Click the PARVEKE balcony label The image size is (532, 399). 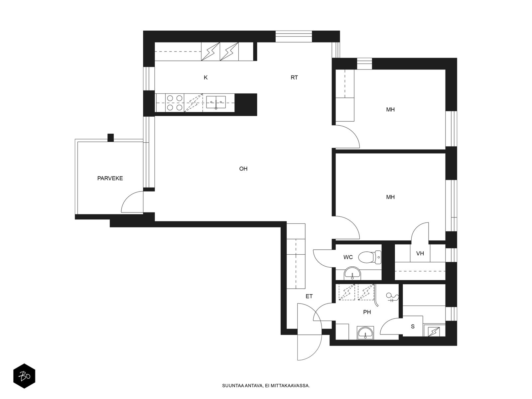tap(110, 178)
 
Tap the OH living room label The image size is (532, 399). tap(243, 169)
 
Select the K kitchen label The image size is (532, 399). tap(205, 77)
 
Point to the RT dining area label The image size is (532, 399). tap(294, 77)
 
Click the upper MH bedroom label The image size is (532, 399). tap(390, 109)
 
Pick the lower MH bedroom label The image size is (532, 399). tap(390, 197)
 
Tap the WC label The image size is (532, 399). tap(348, 257)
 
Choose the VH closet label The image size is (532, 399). tap(420, 253)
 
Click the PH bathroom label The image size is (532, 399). tap(367, 312)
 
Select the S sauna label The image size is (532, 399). tap(413, 327)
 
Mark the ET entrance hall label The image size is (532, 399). tap(309, 296)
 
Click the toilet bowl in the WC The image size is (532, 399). tap(370, 257)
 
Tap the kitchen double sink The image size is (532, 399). tap(216, 102)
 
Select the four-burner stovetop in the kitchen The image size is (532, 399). tap(175, 103)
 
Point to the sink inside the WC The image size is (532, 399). tap(352, 273)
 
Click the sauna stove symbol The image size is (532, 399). tap(434, 332)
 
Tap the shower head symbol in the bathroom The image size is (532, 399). tap(392, 297)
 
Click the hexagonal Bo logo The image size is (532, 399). tap(24, 376)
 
